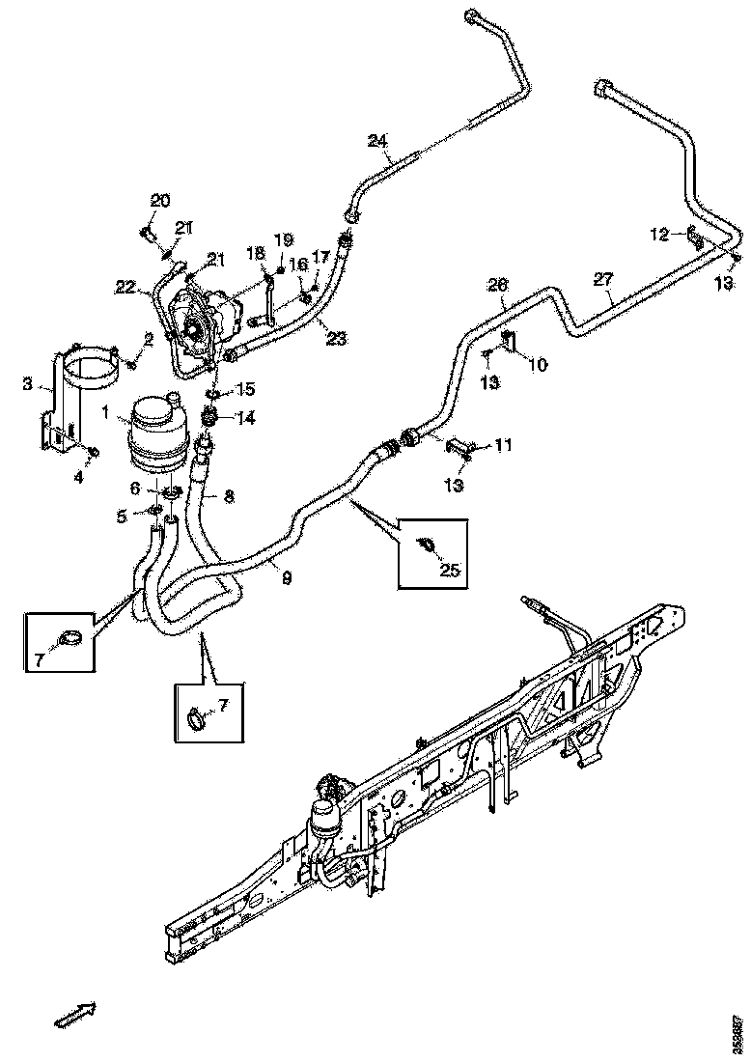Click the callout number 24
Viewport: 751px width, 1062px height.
[378, 141]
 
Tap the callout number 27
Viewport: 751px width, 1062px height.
[603, 279]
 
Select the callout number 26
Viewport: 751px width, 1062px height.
[496, 287]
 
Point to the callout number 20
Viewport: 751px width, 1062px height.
[159, 201]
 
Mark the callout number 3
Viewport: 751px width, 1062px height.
[27, 385]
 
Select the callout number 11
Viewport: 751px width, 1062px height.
[503, 445]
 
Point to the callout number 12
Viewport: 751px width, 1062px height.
[658, 235]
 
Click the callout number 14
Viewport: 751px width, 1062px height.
[246, 418]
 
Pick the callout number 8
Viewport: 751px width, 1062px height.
[229, 498]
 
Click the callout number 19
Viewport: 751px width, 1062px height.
[282, 239]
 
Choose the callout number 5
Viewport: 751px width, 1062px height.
[123, 517]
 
